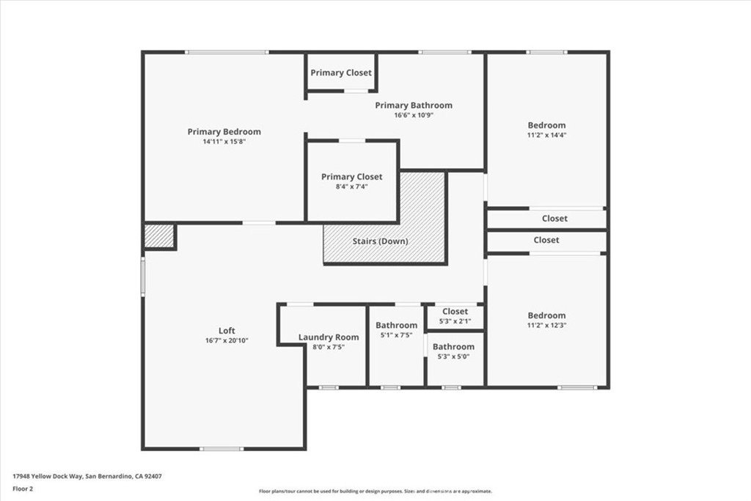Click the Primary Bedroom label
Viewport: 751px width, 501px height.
[x=224, y=132]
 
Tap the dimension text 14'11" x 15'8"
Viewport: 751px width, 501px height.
[x=224, y=142]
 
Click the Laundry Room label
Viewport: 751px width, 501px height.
[x=329, y=337]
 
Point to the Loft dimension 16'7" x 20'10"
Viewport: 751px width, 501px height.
[x=227, y=340]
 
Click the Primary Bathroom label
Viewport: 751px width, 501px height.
[x=414, y=106]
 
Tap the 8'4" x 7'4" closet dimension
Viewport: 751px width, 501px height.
[x=351, y=187]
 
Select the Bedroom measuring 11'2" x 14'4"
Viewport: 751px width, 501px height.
[x=546, y=125]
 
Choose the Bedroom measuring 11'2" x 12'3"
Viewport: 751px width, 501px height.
[x=546, y=315]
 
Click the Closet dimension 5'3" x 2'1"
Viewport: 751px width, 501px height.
[x=455, y=321]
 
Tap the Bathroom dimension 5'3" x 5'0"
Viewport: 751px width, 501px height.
[x=453, y=356]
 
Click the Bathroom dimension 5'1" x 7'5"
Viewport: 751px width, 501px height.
[x=396, y=335]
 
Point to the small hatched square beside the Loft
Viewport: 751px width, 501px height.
[x=158, y=236]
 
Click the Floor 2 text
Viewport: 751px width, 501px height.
[x=23, y=488]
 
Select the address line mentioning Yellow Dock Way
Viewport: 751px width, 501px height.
[x=87, y=476]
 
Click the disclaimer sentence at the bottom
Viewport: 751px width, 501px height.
[x=375, y=491]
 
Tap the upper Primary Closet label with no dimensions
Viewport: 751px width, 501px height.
[x=341, y=73]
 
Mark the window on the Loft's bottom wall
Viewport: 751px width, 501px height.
[x=221, y=448]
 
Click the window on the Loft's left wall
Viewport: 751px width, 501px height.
[x=143, y=275]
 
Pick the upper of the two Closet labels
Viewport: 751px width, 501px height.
[x=554, y=218]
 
